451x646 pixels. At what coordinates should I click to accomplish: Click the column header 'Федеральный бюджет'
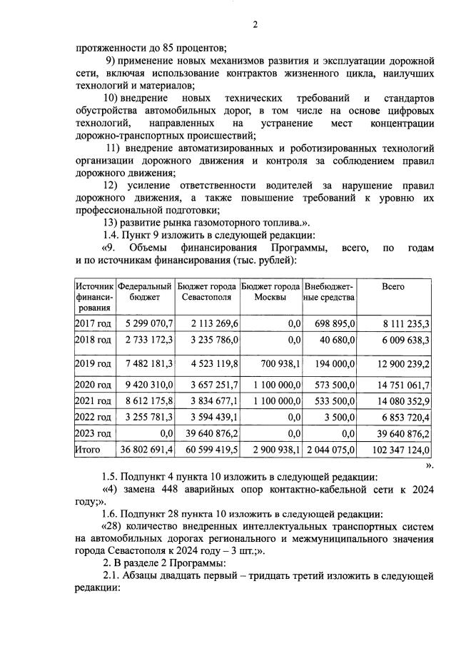[145, 291]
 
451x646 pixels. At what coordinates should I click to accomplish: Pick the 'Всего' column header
[392, 286]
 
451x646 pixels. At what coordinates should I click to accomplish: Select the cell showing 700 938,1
[278, 364]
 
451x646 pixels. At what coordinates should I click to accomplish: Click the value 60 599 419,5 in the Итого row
[208, 450]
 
